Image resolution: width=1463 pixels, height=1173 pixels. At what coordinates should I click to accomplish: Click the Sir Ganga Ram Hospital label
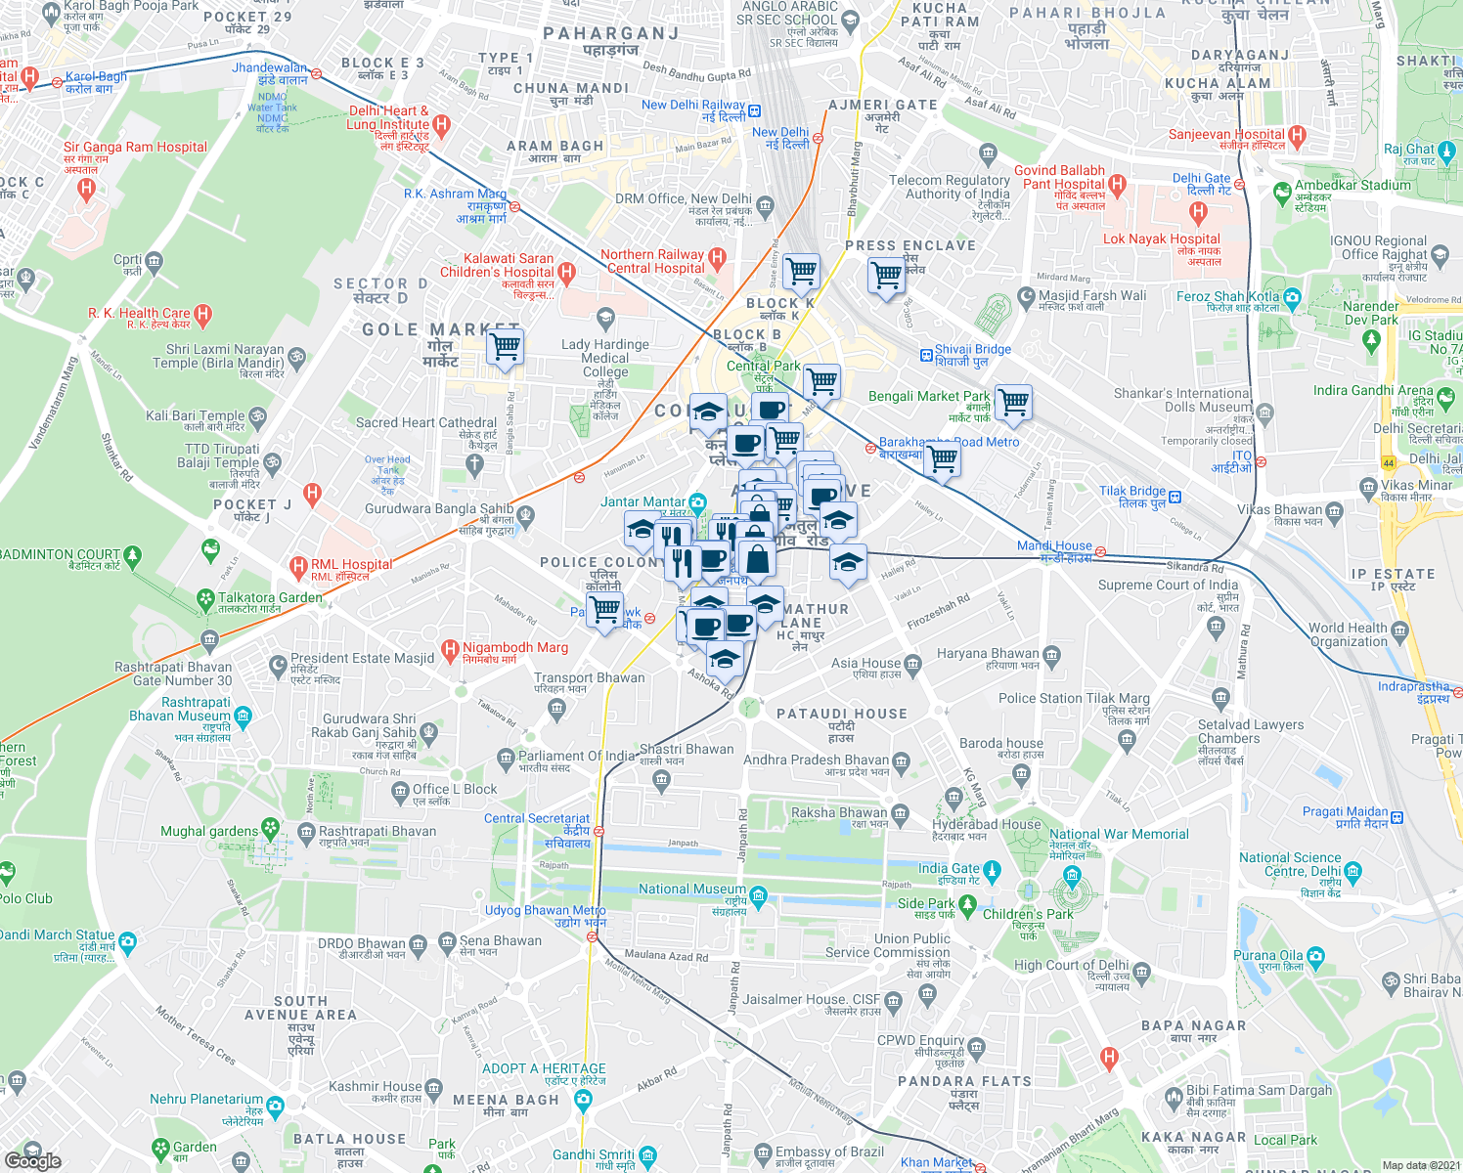pos(135,148)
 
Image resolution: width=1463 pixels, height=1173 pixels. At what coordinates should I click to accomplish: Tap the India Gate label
pos(949,868)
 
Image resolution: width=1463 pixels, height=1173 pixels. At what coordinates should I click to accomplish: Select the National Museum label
pos(691,889)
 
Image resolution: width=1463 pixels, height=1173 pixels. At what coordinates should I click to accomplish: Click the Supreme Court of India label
pos(1168,585)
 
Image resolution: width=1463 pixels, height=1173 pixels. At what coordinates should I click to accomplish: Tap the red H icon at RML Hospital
pos(298,565)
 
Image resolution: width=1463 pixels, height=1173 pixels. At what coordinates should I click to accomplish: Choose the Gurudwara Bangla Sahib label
pos(439,508)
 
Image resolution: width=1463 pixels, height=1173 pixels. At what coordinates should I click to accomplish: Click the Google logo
pos(32,1160)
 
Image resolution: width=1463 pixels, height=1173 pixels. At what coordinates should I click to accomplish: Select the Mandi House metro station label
pos(1054,545)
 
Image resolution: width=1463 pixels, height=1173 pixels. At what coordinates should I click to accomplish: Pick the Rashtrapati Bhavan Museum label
pos(182,709)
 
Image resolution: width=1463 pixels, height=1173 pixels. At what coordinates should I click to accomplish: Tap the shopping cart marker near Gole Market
pos(506,346)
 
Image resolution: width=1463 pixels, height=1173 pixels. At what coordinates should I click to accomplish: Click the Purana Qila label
pos(1267,955)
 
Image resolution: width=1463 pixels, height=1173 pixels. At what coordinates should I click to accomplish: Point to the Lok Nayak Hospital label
pos(1162,239)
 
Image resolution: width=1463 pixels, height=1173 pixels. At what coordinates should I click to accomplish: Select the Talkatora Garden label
pos(270,597)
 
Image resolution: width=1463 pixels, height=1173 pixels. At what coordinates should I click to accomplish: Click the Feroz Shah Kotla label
pos(1227,296)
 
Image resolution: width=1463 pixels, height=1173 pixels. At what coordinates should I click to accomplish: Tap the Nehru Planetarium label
pos(206,1099)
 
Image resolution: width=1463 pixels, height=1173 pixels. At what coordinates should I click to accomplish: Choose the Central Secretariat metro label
pos(537,818)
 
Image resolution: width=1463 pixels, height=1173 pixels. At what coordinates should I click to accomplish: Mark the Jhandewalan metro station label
pos(269,67)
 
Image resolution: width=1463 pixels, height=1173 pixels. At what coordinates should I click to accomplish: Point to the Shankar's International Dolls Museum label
pos(1182,400)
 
